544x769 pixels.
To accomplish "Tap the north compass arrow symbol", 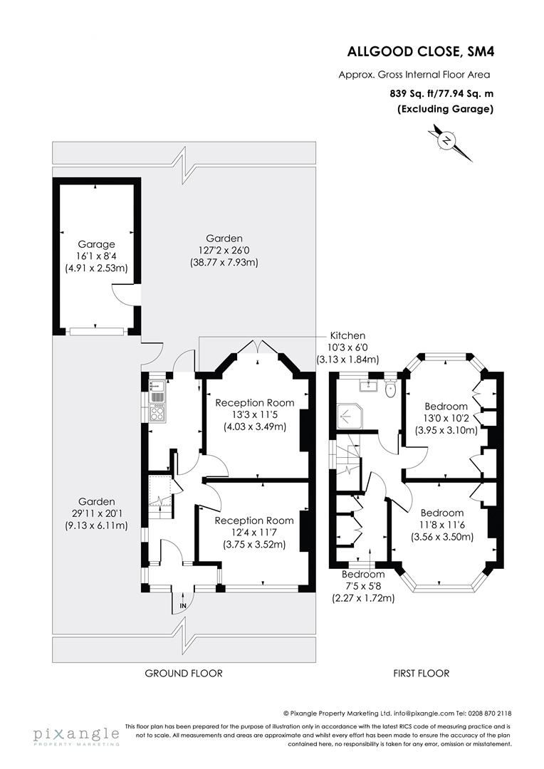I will pos(446,140).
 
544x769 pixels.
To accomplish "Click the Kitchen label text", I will pos(347,335).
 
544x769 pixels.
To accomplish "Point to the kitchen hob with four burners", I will pos(157,412).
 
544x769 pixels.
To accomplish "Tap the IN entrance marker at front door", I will pos(182,605).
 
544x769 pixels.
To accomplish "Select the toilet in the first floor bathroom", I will pos(389,389).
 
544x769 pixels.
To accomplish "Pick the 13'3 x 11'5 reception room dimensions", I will pos(255,415).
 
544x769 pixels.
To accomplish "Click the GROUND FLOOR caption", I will pos(184,673).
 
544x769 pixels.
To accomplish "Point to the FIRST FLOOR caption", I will pos(422,673).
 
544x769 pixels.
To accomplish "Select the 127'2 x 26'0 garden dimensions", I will pos(224,250).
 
